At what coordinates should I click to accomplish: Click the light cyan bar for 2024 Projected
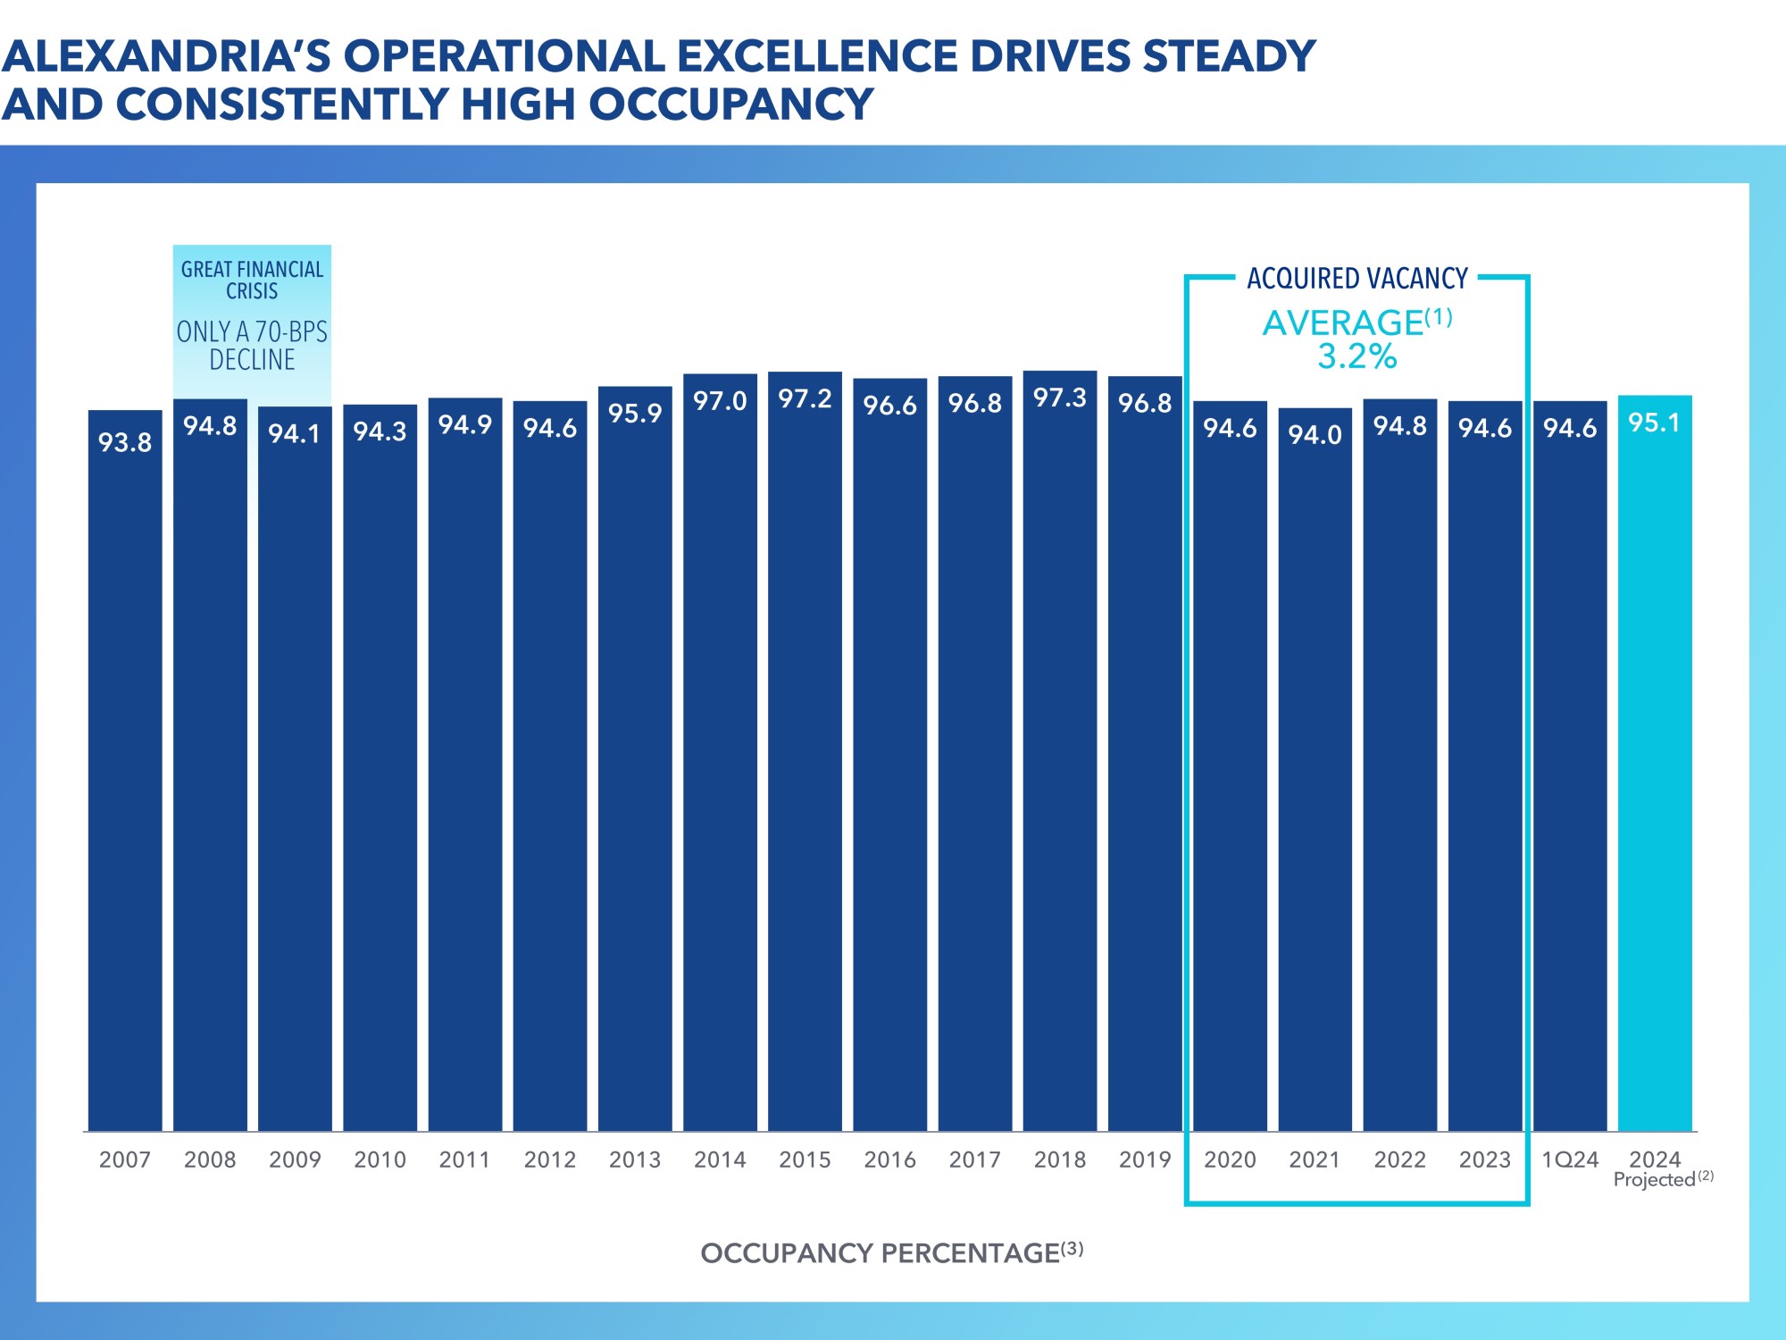tap(1655, 768)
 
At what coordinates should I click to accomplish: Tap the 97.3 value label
tap(1060, 398)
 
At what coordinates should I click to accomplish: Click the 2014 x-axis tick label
tap(720, 1160)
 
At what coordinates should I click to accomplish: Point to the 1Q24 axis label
tap(1570, 1160)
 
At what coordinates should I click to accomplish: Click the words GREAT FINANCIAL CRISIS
tap(252, 281)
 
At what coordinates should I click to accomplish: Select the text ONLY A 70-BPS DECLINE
tap(252, 346)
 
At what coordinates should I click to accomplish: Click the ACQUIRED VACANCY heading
tap(1356, 279)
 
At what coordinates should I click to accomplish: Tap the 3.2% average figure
tap(1356, 356)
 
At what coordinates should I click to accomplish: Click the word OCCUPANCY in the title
tap(730, 105)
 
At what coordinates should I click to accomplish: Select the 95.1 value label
tap(1655, 423)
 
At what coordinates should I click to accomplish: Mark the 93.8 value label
tap(125, 442)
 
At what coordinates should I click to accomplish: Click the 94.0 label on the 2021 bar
tap(1314, 435)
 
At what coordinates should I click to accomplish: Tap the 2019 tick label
tap(1145, 1160)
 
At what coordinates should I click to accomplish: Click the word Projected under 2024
tap(1654, 1180)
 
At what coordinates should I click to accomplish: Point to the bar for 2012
tap(550, 768)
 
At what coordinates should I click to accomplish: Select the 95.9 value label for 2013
tap(635, 414)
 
